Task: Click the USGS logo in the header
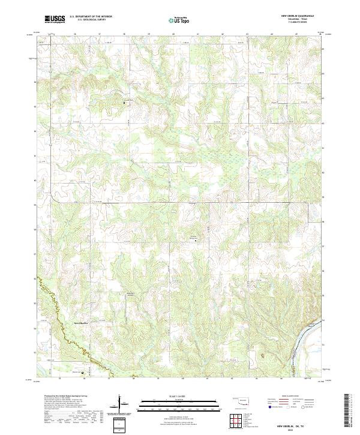(x=55, y=19)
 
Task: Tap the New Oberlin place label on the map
(x=81, y=322)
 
